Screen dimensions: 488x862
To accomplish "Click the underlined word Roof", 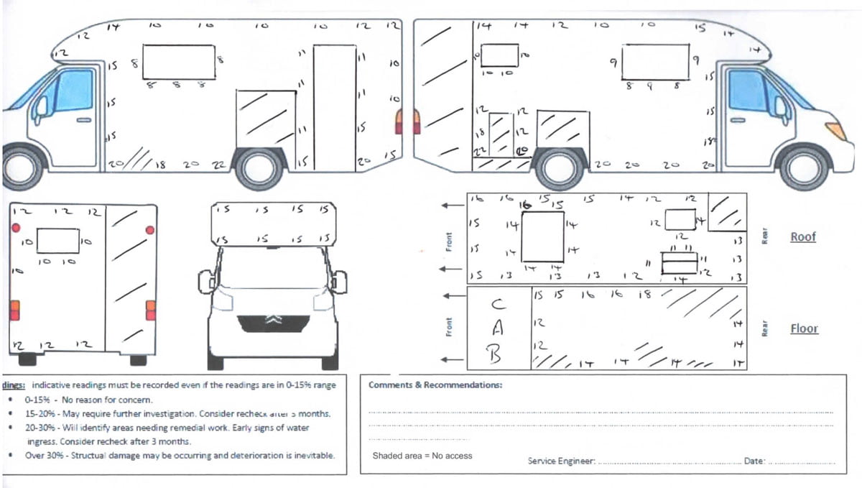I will [803, 236].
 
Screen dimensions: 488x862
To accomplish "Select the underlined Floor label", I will [804, 328].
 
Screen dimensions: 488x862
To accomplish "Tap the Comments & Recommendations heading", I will [435, 385].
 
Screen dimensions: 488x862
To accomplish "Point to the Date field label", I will [754, 460].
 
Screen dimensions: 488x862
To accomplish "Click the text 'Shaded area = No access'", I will [422, 456].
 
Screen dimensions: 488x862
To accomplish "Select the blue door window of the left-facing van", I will [74, 90].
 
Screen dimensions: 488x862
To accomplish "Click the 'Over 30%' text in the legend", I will [43, 456].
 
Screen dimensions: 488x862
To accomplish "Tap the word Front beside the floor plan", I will [449, 328].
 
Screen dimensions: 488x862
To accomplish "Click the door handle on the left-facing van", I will [84, 120].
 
